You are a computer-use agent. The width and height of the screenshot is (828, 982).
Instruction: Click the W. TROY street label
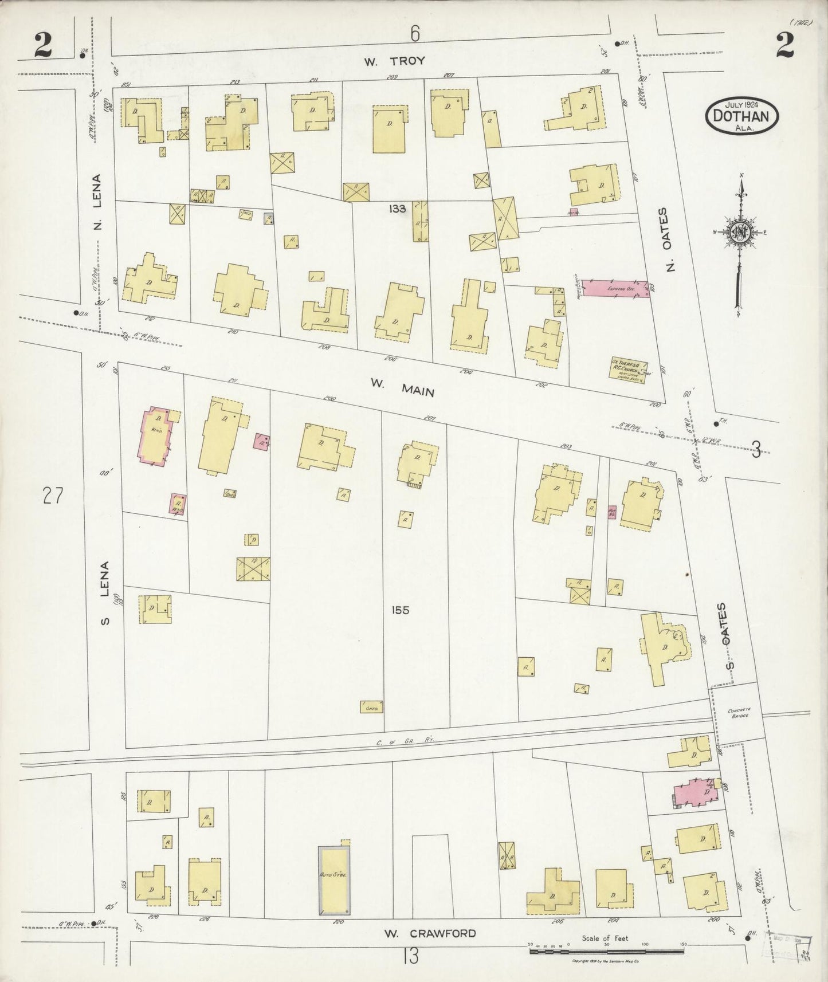pos(395,61)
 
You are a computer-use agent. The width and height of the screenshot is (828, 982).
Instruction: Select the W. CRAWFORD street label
pos(430,933)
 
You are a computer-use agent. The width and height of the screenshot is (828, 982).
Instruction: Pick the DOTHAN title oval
pos(741,116)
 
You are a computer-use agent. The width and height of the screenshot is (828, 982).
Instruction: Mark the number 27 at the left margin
pos(52,495)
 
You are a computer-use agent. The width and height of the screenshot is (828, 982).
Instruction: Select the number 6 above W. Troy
pos(414,34)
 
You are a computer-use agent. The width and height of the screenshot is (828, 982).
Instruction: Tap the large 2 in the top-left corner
pos(42,46)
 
